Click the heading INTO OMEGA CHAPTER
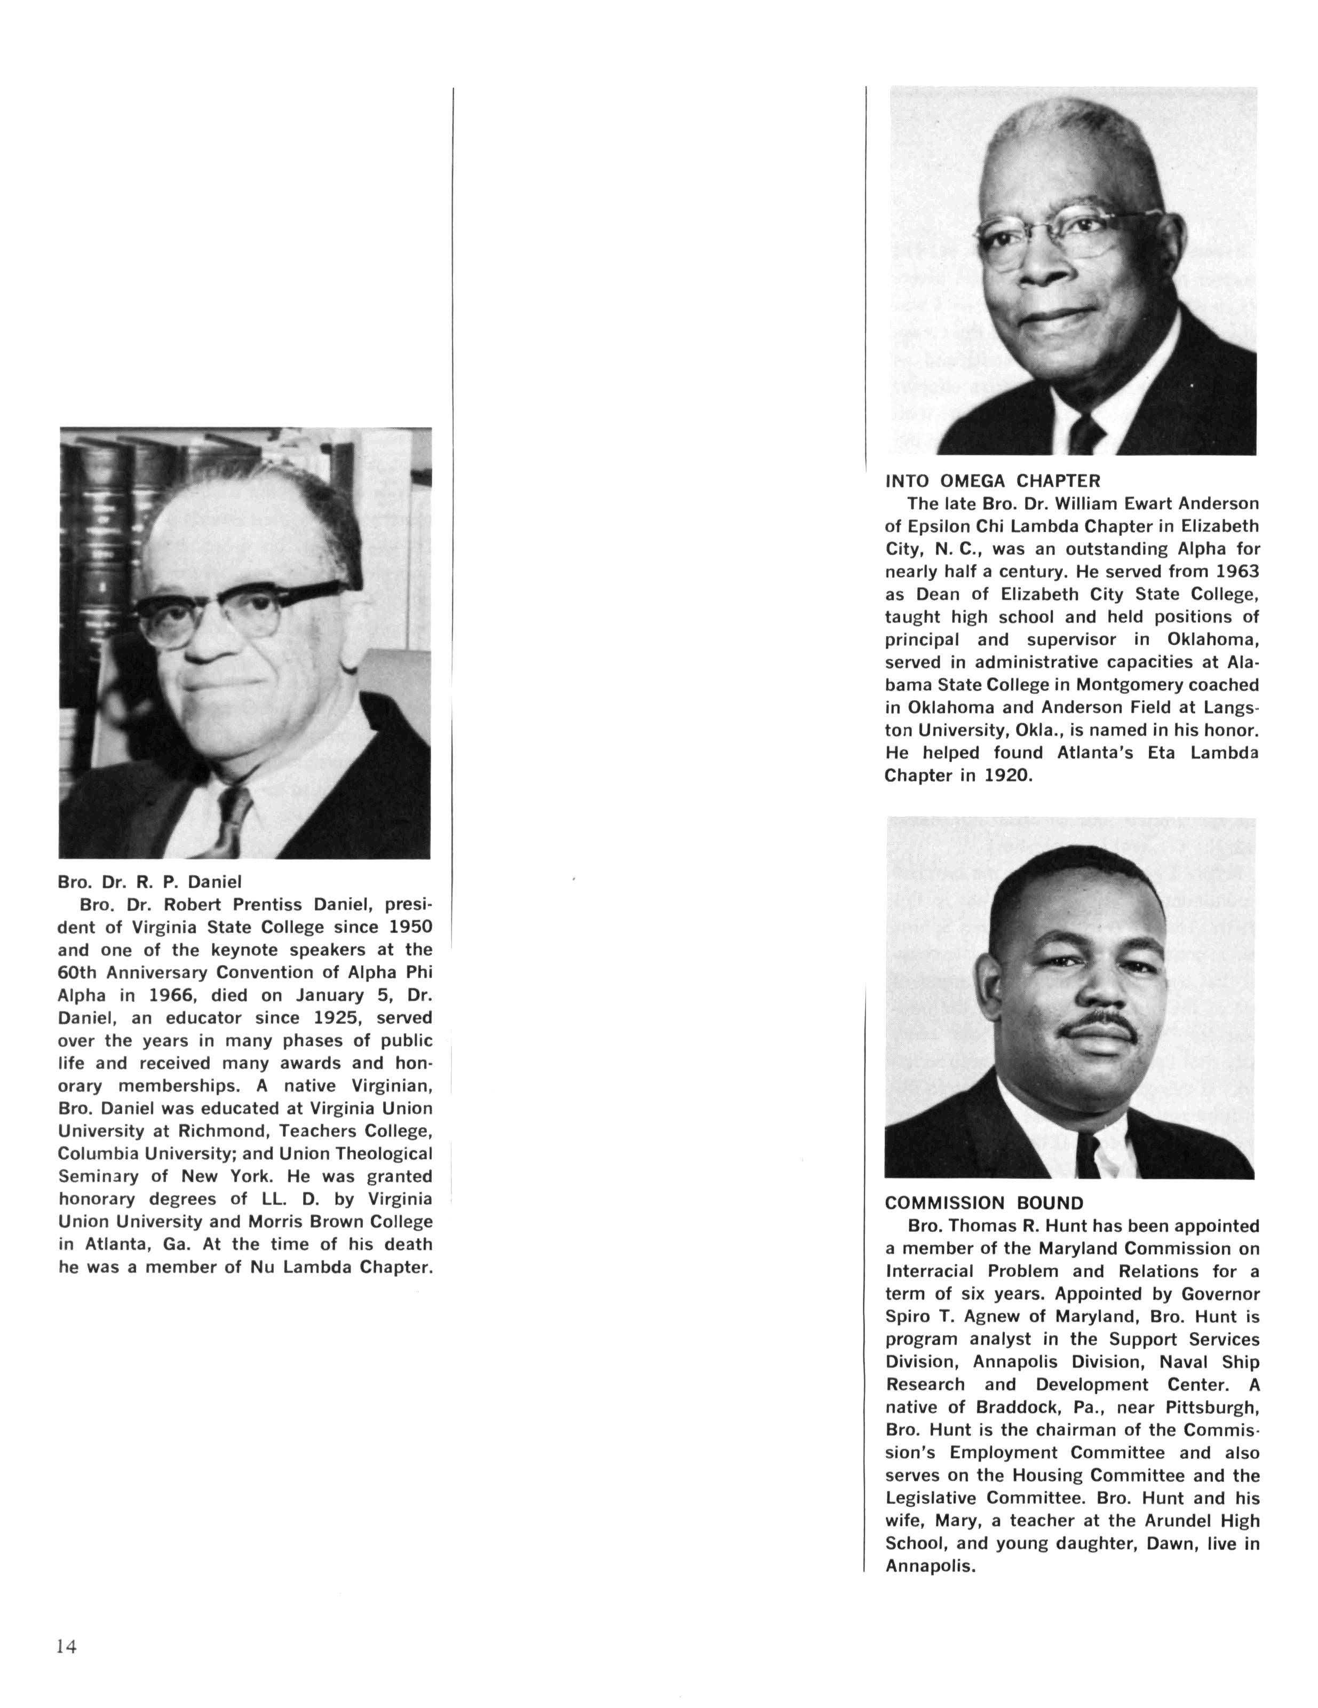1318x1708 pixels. click(x=992, y=481)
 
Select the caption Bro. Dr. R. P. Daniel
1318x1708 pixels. click(x=149, y=882)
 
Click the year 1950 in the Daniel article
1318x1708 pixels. click(x=410, y=928)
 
